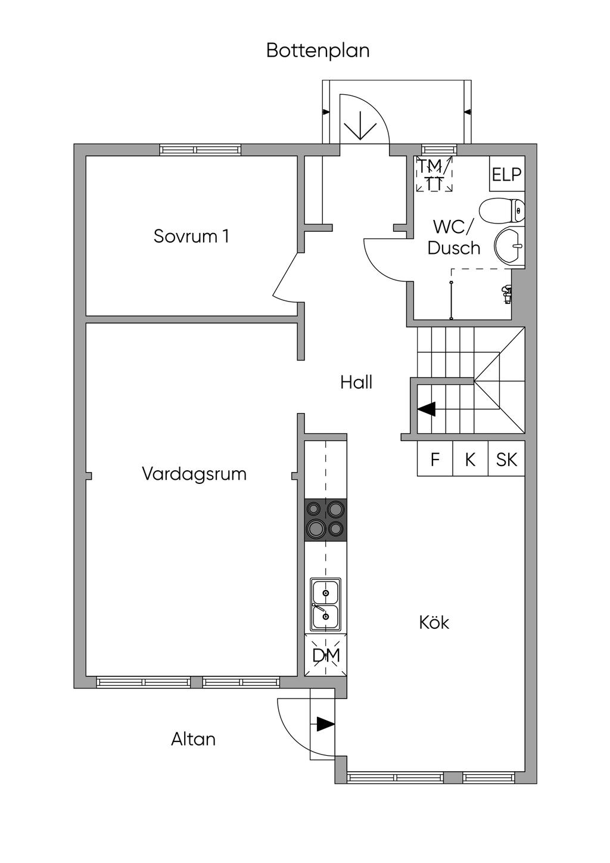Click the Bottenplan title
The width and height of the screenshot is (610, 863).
318,51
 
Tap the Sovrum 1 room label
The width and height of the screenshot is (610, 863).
191,236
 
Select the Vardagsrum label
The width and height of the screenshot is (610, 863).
194,474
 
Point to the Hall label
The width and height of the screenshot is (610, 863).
356,382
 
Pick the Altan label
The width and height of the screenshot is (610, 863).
193,739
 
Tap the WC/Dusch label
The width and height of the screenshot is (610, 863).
454,238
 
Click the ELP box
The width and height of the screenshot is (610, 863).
507,173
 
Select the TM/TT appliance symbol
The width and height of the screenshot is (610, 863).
434,174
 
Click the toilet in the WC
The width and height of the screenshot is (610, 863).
502,210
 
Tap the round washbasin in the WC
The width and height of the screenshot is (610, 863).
509,246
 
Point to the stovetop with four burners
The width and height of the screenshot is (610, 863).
325,520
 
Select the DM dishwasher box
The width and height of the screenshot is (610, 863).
326,655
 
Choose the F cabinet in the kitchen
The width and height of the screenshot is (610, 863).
435,458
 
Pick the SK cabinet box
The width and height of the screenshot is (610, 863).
506,458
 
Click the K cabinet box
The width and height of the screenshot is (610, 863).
470,458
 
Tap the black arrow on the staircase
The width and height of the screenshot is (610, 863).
427,409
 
